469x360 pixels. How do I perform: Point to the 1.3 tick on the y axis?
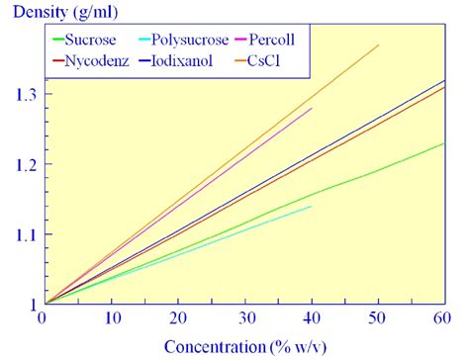(x=22, y=94)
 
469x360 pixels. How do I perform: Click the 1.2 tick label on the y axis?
(x=22, y=164)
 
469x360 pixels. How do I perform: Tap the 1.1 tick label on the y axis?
(x=22, y=234)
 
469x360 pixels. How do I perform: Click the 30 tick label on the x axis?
(x=243, y=318)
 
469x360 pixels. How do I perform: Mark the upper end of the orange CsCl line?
(x=378, y=45)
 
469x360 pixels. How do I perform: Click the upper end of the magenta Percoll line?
(x=312, y=108)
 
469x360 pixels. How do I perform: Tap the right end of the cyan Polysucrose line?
(x=312, y=207)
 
